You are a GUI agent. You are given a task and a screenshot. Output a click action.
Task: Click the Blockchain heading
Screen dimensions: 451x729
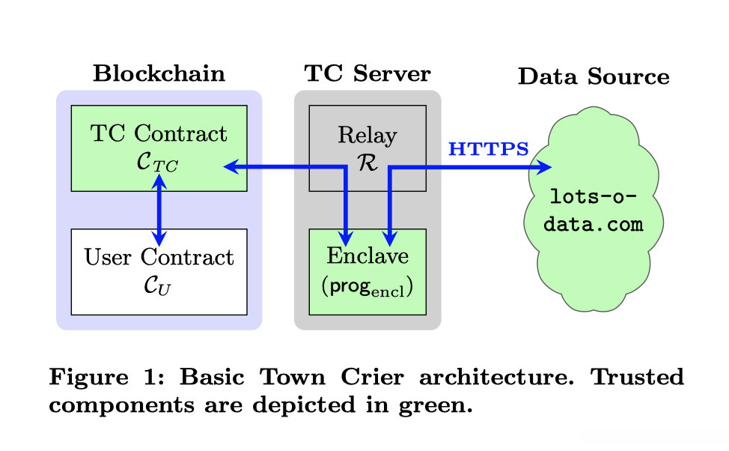tap(159, 74)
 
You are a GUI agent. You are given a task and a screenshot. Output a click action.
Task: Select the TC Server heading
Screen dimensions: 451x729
tap(367, 74)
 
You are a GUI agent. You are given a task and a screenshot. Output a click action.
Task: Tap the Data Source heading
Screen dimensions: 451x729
tap(593, 76)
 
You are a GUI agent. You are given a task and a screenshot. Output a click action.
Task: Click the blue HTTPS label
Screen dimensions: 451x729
tap(488, 148)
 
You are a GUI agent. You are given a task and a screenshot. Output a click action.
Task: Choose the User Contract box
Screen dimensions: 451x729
tap(159, 271)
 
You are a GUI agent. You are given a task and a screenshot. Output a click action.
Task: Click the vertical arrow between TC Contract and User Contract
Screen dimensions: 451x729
tap(159, 210)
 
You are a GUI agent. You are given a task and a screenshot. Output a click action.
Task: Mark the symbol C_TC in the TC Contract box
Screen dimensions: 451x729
tap(159, 161)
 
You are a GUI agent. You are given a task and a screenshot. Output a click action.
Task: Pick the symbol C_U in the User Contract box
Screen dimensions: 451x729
tap(159, 285)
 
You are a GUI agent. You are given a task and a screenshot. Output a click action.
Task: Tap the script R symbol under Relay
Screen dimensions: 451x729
tap(367, 162)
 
